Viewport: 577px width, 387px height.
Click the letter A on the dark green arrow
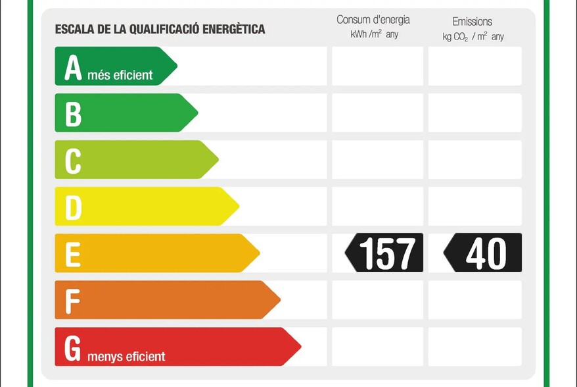click(x=73, y=68)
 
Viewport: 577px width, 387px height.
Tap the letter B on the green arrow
click(x=73, y=114)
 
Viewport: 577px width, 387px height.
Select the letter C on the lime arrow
click(x=73, y=161)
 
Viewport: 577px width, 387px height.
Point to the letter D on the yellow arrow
click(x=73, y=207)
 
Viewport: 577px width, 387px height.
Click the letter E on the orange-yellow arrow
click(x=72, y=254)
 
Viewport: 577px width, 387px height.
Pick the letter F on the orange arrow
click(x=72, y=301)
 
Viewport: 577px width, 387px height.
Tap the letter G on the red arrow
click(x=74, y=348)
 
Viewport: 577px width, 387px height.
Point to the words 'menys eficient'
click(x=126, y=357)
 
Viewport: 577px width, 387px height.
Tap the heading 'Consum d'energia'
click(x=373, y=20)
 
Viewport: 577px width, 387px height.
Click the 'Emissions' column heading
click(x=472, y=22)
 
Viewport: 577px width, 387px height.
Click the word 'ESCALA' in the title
click(x=73, y=29)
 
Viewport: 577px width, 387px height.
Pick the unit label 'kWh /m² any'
click(x=374, y=34)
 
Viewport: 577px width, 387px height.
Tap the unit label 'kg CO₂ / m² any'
click(x=473, y=36)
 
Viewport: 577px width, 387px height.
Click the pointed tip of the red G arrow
click(x=299, y=346)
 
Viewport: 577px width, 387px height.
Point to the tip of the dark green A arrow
click(x=175, y=66)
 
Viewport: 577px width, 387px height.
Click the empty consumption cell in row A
click(x=377, y=66)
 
